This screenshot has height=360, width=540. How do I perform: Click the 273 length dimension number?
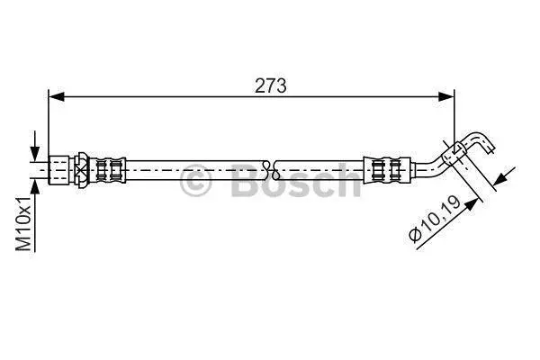(270, 85)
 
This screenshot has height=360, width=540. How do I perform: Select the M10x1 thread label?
(23, 223)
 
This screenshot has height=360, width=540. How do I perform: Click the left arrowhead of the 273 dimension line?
(57, 97)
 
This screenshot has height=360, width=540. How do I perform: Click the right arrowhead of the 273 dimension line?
(446, 97)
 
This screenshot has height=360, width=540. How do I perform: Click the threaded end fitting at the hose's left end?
(58, 170)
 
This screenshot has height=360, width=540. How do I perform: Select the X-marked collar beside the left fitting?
(82, 170)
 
